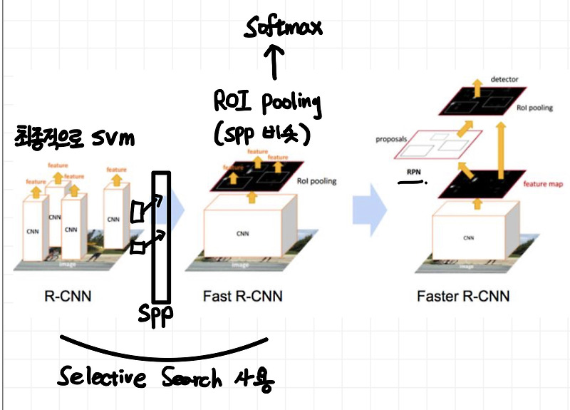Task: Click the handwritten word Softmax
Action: coord(284,29)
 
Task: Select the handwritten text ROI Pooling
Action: coord(268,103)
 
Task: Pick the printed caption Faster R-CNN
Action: coord(463,295)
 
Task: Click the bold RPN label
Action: coord(413,172)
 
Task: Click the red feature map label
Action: coord(544,184)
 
